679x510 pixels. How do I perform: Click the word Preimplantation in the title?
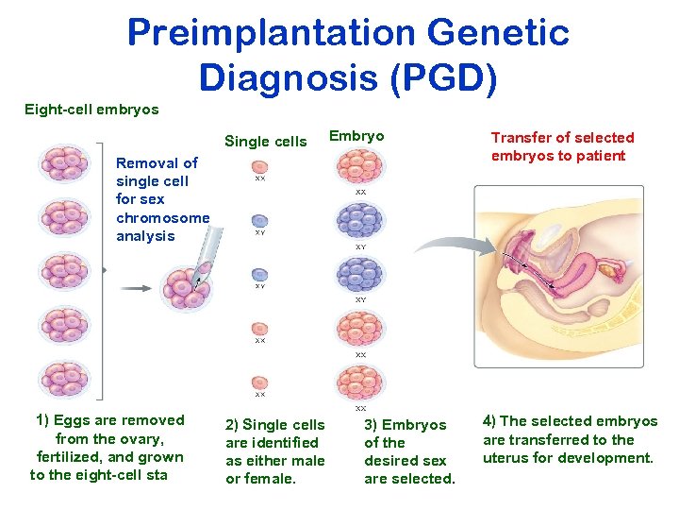pyautogui.click(x=271, y=33)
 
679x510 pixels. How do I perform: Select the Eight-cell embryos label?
pyautogui.click(x=91, y=110)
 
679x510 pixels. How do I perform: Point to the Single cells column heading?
pyautogui.click(x=265, y=142)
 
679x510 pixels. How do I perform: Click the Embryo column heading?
pyautogui.click(x=356, y=136)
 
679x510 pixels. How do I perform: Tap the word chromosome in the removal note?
pyautogui.click(x=162, y=218)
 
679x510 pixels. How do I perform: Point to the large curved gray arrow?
pyautogui.click(x=444, y=246)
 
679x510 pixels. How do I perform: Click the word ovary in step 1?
pyautogui.click(x=149, y=439)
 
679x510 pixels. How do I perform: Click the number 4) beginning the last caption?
pyautogui.click(x=490, y=421)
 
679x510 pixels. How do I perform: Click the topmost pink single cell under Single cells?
pyautogui.click(x=259, y=163)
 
